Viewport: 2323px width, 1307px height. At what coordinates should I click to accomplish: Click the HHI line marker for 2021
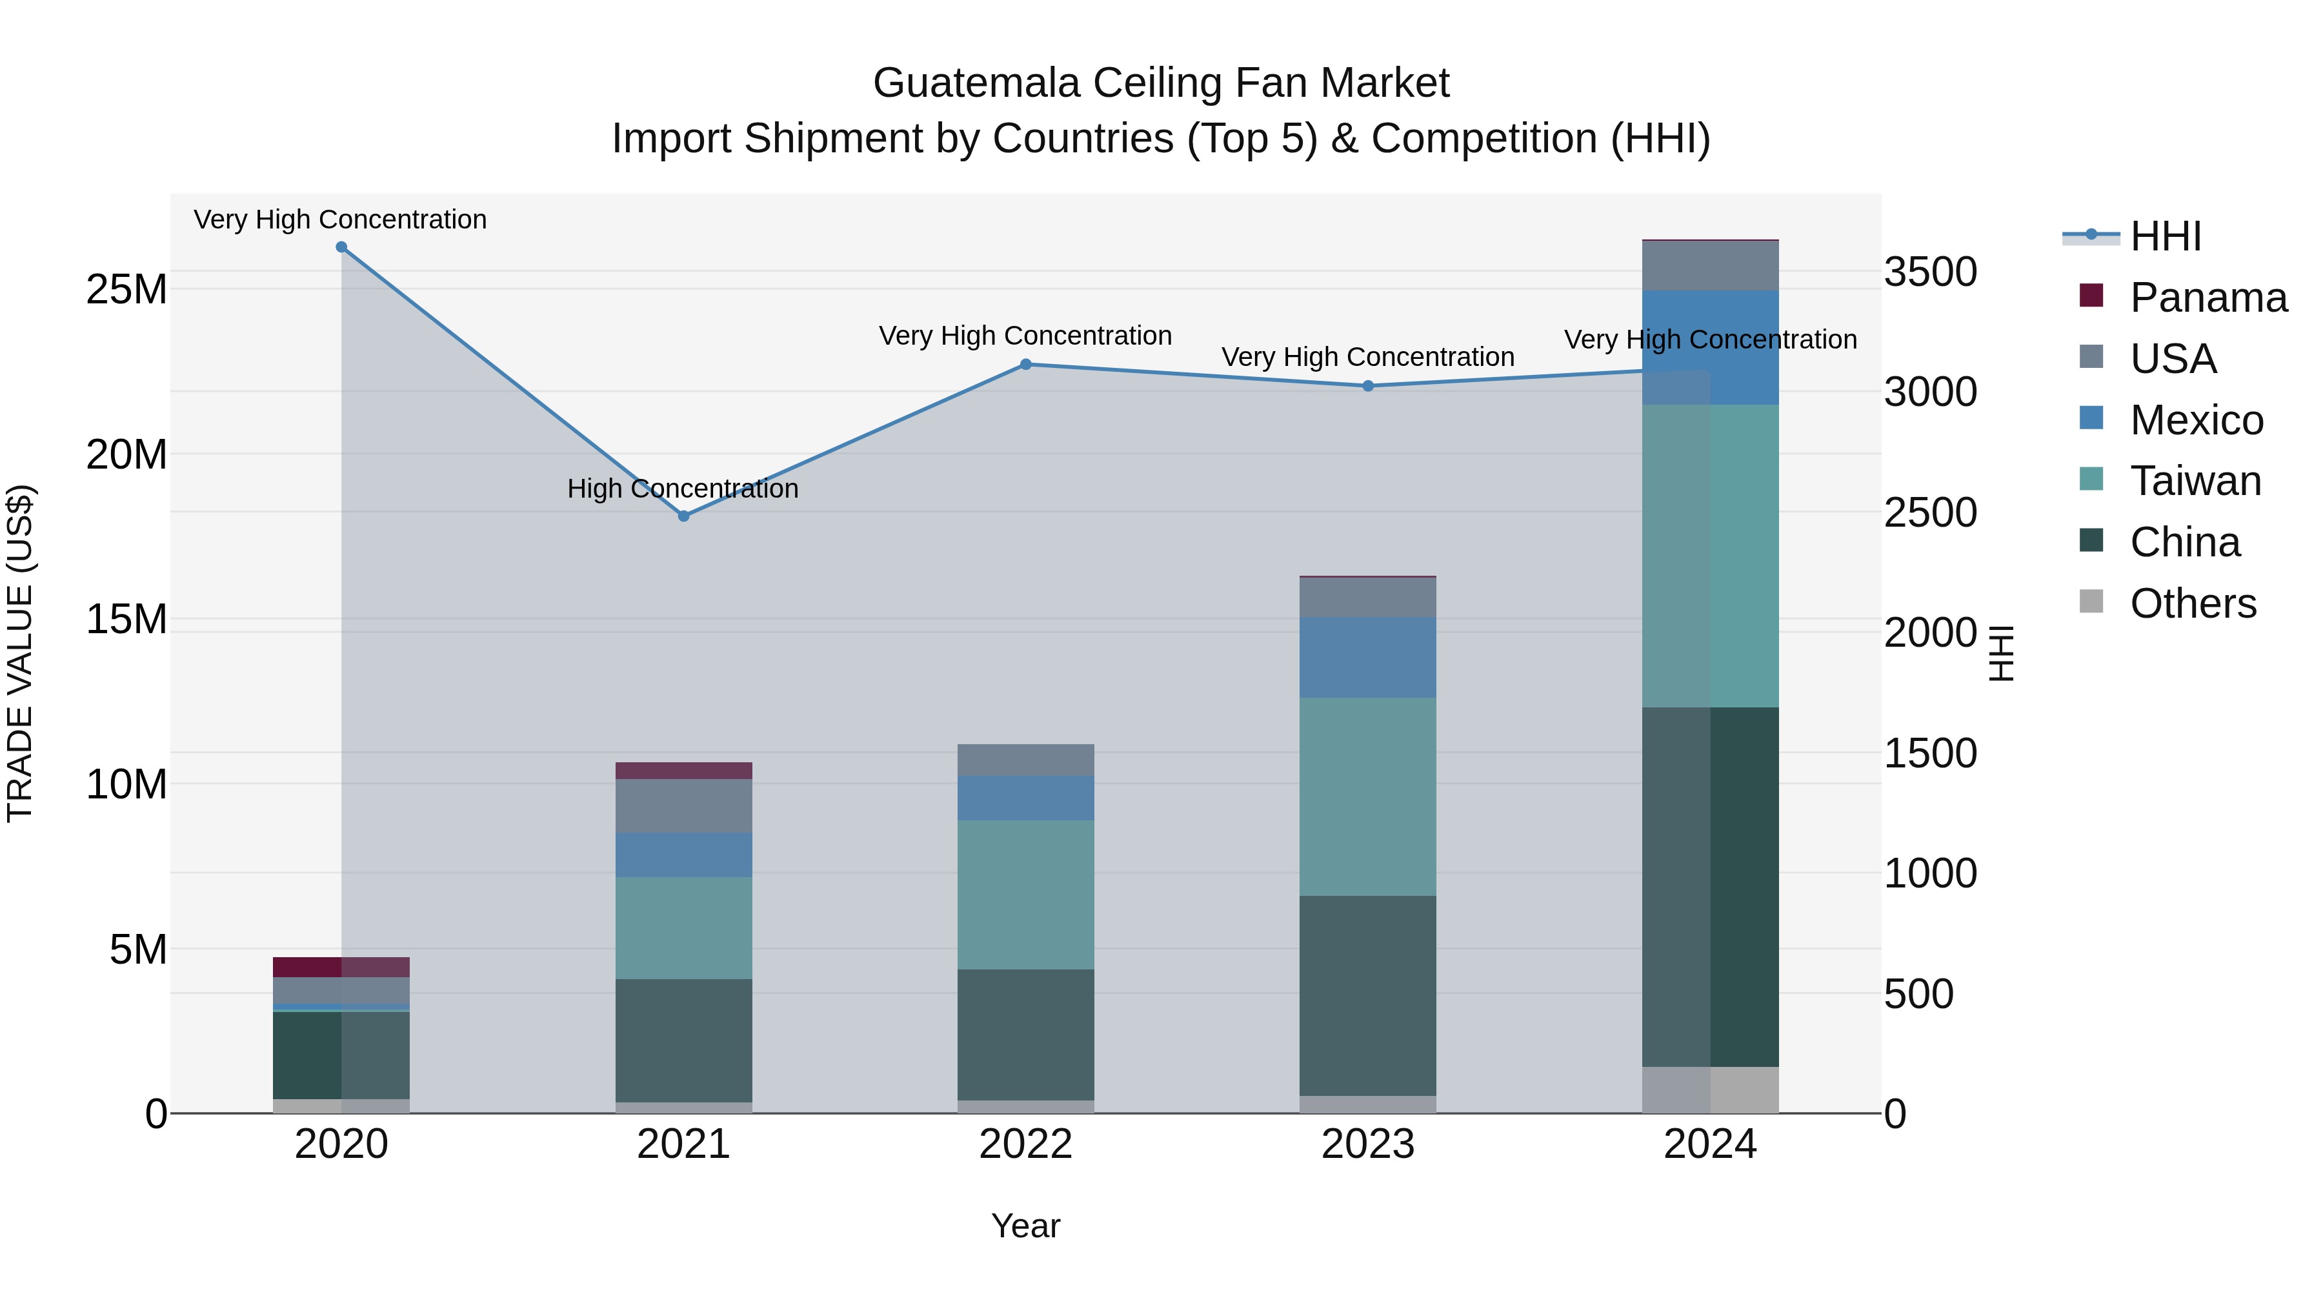683,516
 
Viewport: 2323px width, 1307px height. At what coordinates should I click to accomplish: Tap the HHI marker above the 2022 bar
1025,365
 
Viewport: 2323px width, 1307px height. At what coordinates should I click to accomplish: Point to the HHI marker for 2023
1368,386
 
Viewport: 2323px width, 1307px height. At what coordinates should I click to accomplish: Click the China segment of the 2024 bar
1711,887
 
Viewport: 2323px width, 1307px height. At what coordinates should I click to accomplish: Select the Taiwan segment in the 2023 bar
1368,796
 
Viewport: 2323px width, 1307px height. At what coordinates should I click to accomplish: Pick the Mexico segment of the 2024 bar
1711,347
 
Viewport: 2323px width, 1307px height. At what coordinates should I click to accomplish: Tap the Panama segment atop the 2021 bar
683,770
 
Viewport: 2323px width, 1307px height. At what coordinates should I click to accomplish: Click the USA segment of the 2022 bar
1025,760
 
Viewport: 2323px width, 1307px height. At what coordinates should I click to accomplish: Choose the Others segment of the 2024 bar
1711,1089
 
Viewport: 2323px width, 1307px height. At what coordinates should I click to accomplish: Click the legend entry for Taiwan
2195,481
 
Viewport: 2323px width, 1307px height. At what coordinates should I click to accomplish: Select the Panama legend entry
2207,298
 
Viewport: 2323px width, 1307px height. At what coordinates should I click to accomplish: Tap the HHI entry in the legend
2165,236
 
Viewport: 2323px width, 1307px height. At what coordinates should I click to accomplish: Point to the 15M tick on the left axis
126,620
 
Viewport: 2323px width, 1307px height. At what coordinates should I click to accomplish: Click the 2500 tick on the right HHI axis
1930,512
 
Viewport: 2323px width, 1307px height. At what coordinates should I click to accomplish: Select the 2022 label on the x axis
1025,1144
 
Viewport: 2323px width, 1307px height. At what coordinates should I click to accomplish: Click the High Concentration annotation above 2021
683,489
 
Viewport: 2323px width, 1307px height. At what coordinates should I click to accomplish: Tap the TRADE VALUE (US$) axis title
20,653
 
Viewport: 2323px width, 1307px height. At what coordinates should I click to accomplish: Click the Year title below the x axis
1025,1226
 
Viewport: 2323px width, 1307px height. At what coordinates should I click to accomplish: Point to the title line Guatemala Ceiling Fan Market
1161,83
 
